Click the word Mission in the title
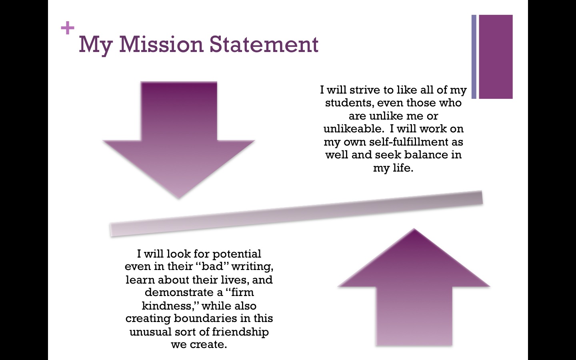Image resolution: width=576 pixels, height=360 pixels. point(162,44)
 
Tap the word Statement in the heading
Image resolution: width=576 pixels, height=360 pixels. point(264,44)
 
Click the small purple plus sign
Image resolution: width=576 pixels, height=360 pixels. point(68,28)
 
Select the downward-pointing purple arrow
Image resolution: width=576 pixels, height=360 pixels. point(179,136)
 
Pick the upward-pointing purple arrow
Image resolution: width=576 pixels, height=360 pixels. point(414,292)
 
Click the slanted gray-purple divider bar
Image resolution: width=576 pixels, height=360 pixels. point(296,214)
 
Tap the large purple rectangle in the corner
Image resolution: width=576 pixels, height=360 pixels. point(496,56)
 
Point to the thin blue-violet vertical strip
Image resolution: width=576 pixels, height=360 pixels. point(474,56)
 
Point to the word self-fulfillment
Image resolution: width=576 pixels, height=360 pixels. point(410,142)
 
